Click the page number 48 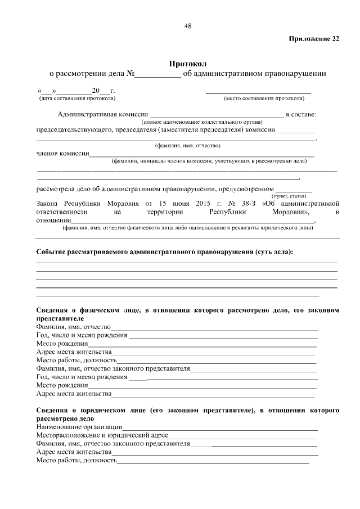click(x=187, y=25)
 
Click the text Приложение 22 click(x=314, y=39)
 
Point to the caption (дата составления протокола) click(x=76, y=98)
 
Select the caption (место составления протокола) click(x=264, y=98)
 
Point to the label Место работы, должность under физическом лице click(x=76, y=360)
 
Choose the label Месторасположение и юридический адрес click(x=101, y=435)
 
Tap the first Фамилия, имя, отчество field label click(x=74, y=326)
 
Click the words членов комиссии click(x=62, y=152)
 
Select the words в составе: click(x=301, y=115)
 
